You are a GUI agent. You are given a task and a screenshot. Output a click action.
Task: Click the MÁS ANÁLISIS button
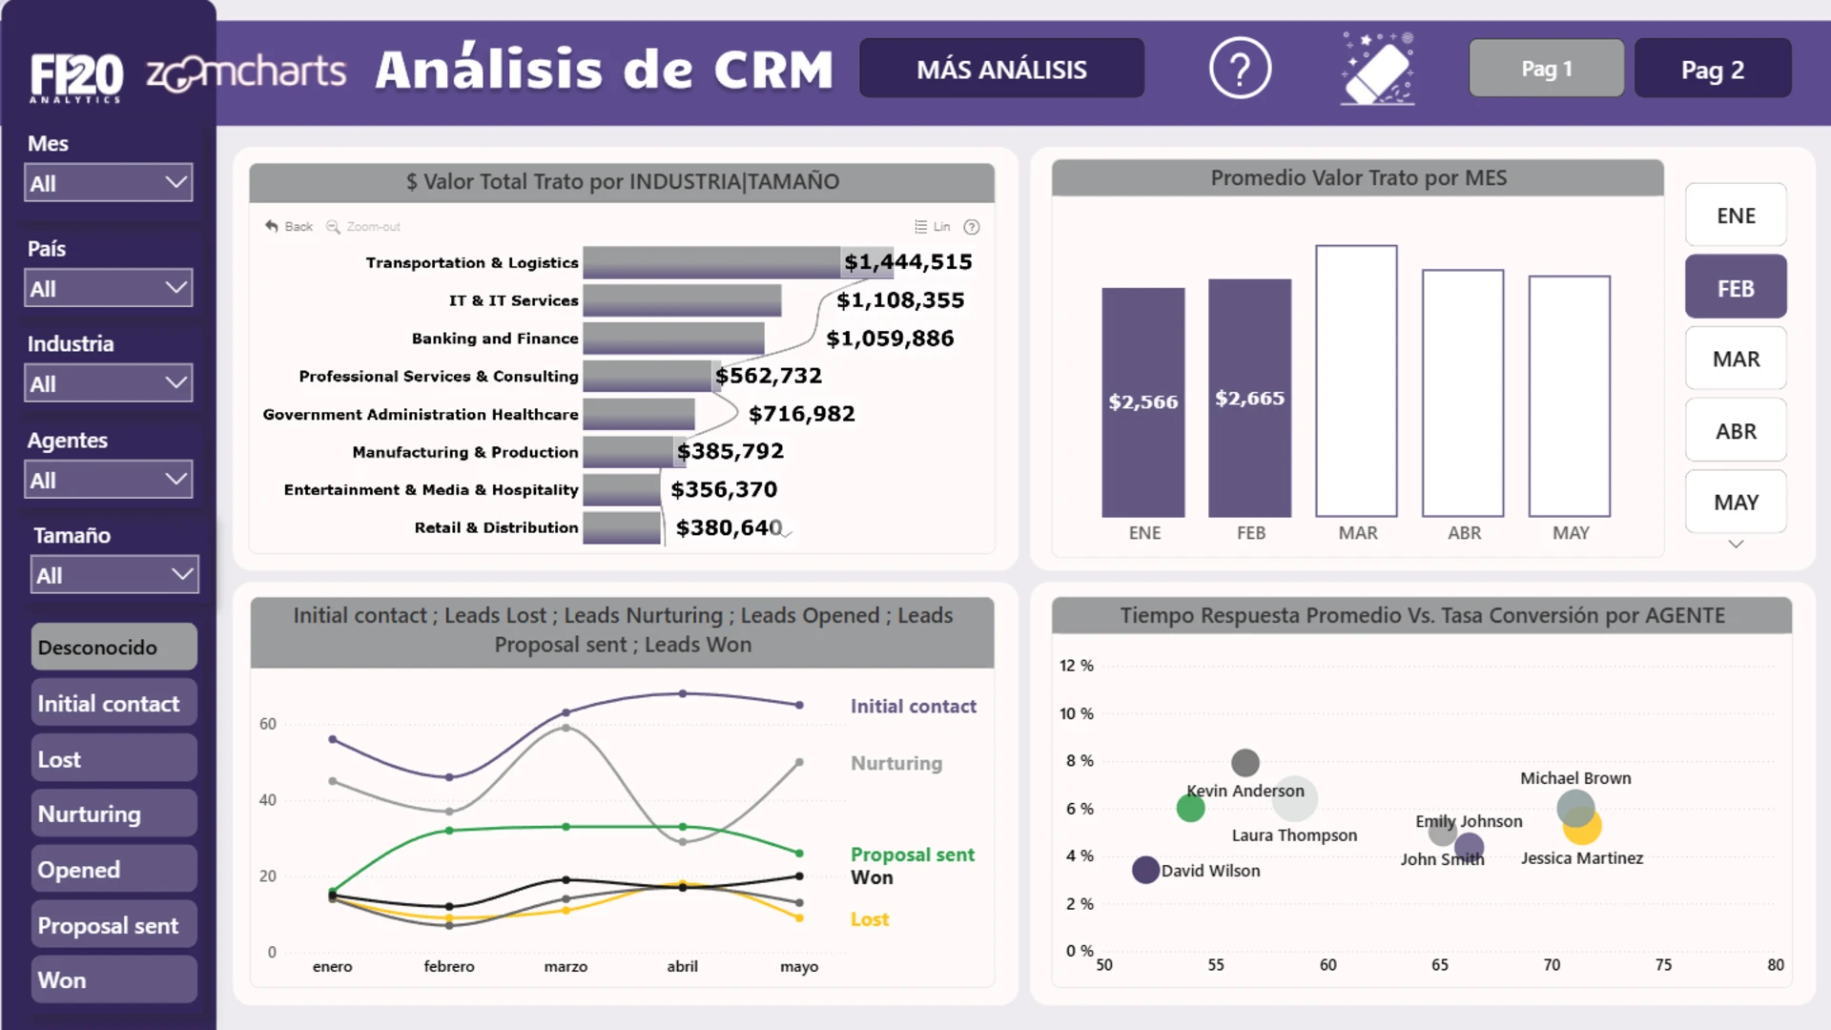point(1001,69)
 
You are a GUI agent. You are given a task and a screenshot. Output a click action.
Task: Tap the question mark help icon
point(1240,69)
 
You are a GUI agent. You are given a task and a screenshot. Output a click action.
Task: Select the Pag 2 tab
point(1713,69)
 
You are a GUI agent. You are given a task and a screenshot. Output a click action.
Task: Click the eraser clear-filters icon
point(1378,69)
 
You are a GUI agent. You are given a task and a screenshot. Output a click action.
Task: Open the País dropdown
point(109,288)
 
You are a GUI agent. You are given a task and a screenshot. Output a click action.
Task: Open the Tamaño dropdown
point(114,575)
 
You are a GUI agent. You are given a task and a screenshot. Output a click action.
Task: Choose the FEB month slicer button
point(1736,287)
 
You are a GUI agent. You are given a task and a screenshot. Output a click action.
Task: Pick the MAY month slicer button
point(1736,502)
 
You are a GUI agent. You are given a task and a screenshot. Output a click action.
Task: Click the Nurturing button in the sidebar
point(114,814)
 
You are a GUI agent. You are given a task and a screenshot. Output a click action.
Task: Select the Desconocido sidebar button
point(114,647)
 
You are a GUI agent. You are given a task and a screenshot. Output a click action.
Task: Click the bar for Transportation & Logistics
point(711,262)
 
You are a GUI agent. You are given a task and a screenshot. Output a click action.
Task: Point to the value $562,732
point(769,376)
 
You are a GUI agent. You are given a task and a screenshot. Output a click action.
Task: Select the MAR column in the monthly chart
point(1356,381)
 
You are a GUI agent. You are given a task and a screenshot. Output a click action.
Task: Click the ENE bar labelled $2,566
point(1143,402)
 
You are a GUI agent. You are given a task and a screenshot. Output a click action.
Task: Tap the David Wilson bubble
point(1145,870)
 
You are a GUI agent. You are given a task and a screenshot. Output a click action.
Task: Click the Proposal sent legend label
point(913,855)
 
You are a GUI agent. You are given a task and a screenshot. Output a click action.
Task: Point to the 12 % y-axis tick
point(1077,665)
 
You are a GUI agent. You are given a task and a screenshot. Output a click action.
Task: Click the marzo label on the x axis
point(566,966)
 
